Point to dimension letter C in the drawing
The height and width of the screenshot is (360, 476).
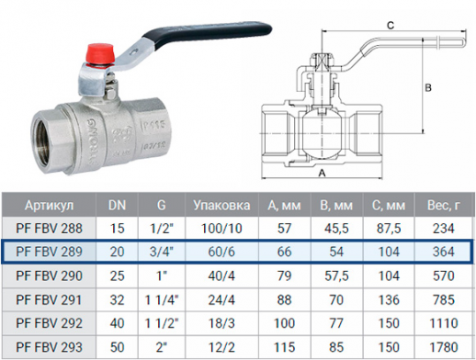pos(391,25)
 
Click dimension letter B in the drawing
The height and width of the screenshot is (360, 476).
pos(428,88)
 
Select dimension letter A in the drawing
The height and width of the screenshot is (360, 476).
pos(322,174)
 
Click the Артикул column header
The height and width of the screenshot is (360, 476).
pos(49,205)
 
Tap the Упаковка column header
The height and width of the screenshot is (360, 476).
pos(221,205)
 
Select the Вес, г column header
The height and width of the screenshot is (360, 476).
pos(443,205)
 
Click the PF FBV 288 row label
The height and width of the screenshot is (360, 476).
pos(49,229)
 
